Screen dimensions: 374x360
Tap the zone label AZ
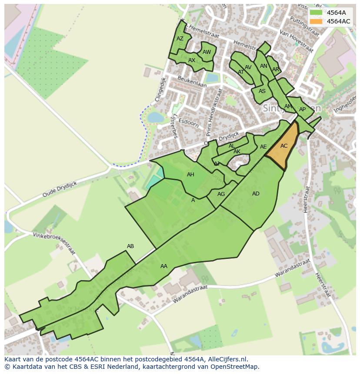[x=180, y=39]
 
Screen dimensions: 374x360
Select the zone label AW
[x=207, y=52]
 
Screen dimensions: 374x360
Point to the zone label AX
[x=192, y=60]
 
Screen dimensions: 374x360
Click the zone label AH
[x=190, y=175]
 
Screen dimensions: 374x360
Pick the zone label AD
[x=256, y=194]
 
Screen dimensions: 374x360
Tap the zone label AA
[x=164, y=266]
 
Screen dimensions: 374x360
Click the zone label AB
[x=130, y=246]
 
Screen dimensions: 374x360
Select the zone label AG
[x=221, y=194]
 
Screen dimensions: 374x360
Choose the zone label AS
[x=262, y=91]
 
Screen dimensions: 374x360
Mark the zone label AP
[x=302, y=109]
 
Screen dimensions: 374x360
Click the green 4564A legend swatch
[x=316, y=13]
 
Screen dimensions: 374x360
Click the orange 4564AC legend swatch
[x=316, y=21]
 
